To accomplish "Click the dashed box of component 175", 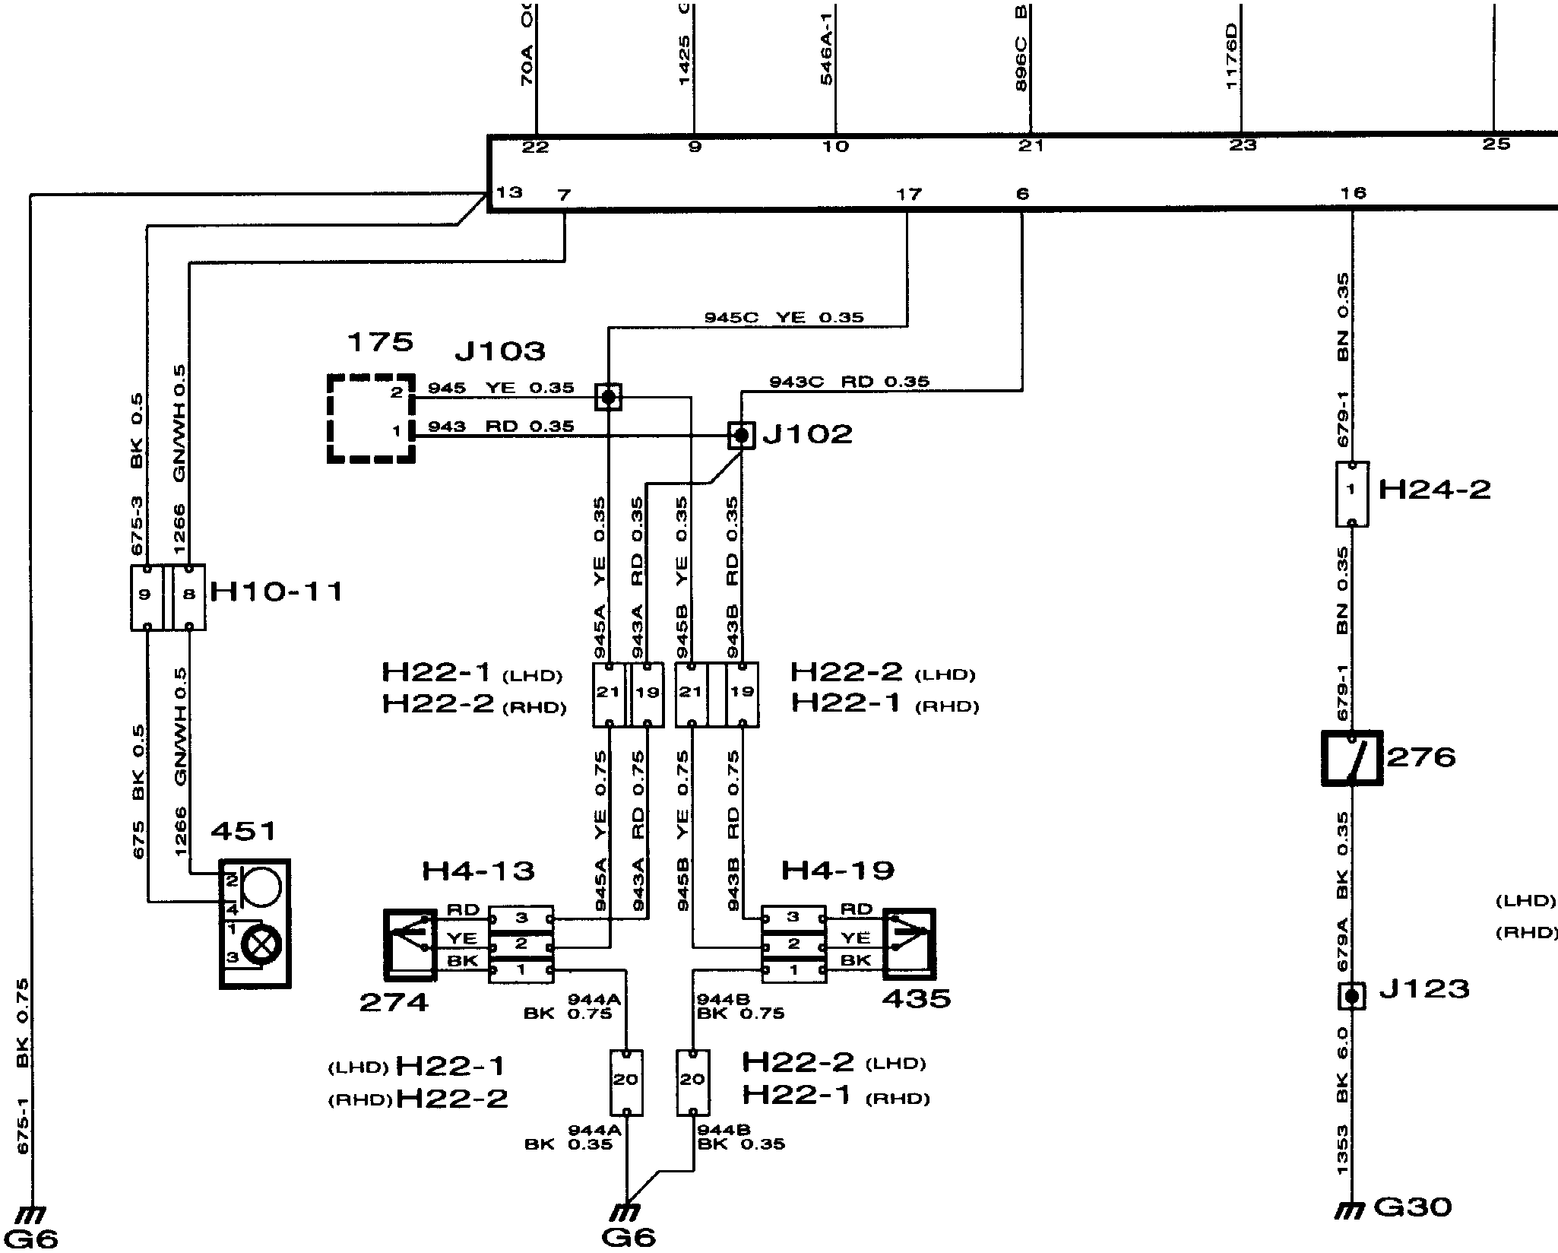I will (x=371, y=418).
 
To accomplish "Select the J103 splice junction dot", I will (x=608, y=396).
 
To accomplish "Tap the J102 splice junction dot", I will (x=741, y=436).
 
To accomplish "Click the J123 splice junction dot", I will (x=1351, y=995).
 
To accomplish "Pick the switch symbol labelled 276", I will (x=1351, y=757).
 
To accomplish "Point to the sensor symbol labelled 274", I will (x=410, y=943).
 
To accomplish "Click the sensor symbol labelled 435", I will (x=909, y=943).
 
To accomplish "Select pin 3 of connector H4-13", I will (x=521, y=918).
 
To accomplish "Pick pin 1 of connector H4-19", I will (x=793, y=970).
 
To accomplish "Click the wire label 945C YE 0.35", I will (x=784, y=317).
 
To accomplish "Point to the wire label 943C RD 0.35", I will (x=849, y=381).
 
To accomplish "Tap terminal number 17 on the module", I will (x=908, y=195).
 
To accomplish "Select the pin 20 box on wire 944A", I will (x=626, y=1083).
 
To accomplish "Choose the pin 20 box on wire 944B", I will (x=693, y=1083).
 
